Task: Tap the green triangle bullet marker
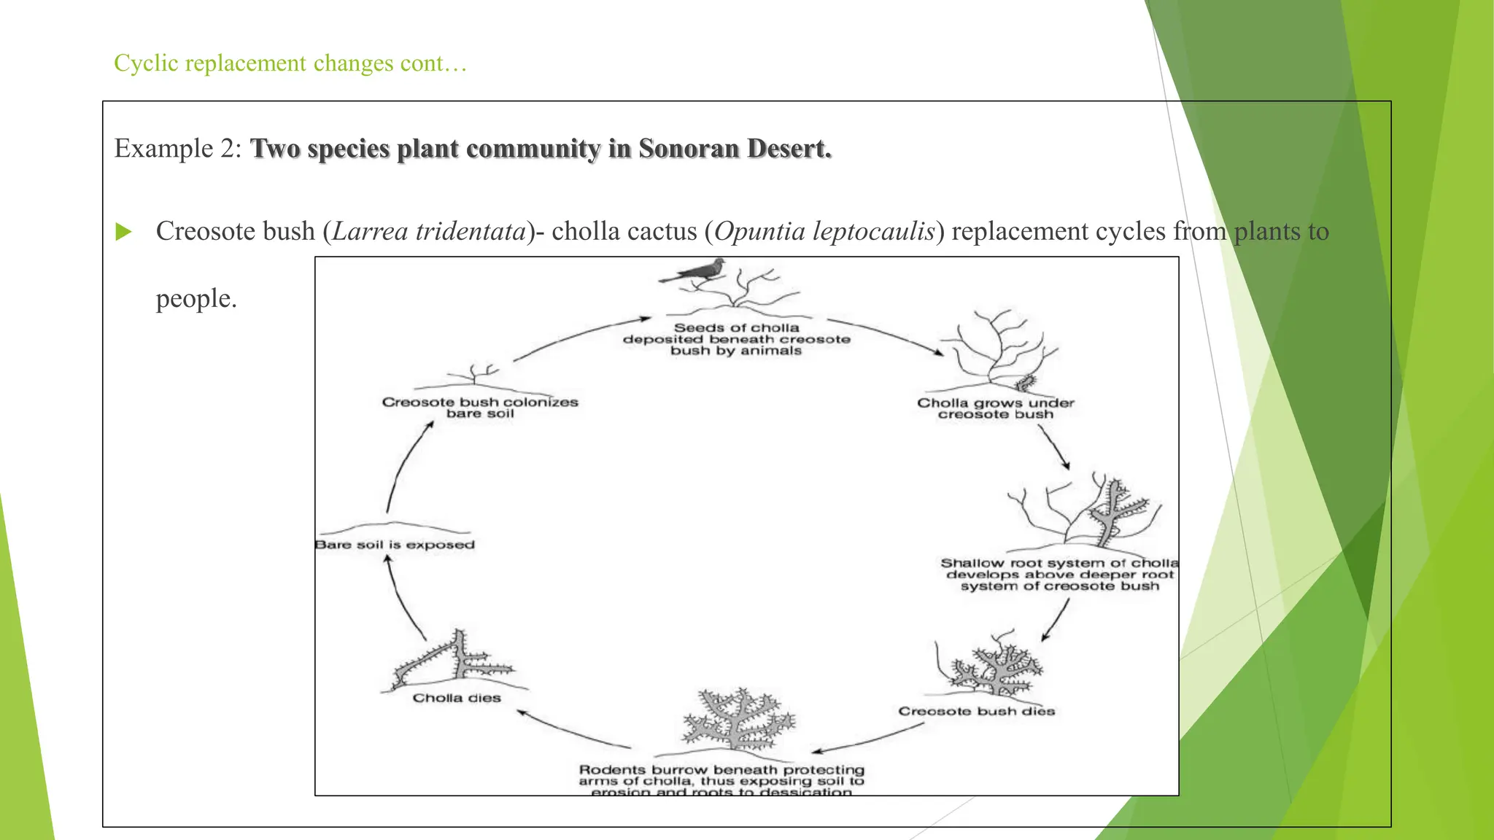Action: tap(123, 233)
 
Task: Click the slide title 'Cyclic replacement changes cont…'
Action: tap(290, 63)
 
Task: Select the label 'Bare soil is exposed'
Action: tap(395, 545)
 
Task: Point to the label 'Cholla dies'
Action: tap(457, 698)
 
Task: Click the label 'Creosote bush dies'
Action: tap(976, 711)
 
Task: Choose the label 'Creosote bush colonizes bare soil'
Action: tap(480, 408)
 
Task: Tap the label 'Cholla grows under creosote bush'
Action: tap(995, 408)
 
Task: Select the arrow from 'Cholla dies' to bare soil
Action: tap(402, 598)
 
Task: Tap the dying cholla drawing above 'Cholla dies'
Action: tap(454, 662)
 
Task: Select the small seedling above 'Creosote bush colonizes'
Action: tap(474, 374)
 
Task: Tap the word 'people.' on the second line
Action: tap(196, 299)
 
